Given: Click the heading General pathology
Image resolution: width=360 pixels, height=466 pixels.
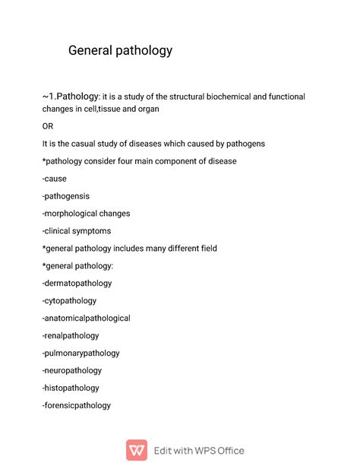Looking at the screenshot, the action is [x=120, y=51].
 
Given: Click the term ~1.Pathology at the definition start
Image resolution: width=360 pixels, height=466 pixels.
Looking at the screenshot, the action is [x=71, y=97].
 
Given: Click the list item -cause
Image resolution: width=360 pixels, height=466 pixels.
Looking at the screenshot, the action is [x=54, y=179].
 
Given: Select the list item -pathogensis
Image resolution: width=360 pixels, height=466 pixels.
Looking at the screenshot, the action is [x=66, y=196].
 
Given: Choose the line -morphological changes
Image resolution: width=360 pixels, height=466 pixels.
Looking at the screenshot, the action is [x=86, y=214].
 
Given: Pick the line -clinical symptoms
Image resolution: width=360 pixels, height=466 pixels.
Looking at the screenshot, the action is [x=77, y=231].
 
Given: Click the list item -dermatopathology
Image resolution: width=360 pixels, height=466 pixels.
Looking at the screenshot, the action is [x=77, y=284].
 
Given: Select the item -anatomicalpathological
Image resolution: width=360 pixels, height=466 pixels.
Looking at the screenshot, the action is [x=86, y=319].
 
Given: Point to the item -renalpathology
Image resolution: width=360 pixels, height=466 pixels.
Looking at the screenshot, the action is [x=71, y=336].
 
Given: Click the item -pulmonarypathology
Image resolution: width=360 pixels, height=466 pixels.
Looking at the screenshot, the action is [x=81, y=353].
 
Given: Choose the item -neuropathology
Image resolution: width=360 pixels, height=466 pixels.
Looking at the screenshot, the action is [x=71, y=371].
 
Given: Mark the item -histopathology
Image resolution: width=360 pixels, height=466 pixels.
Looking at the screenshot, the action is [x=71, y=388].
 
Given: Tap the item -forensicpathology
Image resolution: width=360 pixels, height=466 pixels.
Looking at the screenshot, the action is [x=76, y=406].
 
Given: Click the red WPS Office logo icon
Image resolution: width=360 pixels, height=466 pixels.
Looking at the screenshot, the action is [x=137, y=450].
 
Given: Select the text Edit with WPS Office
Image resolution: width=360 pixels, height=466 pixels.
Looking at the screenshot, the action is [x=199, y=450].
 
